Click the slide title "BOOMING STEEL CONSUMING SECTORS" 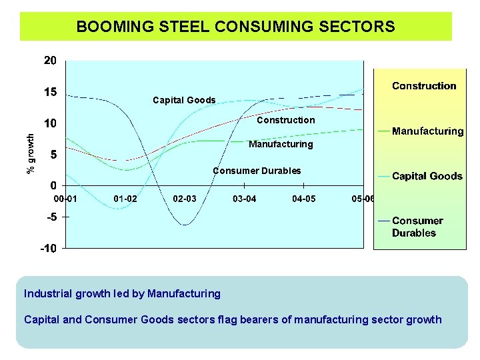click(235, 27)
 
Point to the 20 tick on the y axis click(51, 61)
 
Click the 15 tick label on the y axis click(51, 92)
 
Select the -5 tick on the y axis click(51, 217)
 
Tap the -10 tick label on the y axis click(49, 248)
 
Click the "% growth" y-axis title click(30, 153)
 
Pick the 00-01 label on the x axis click(66, 199)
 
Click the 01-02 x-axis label click(125, 199)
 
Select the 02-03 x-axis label click(185, 199)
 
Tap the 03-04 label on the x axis click(244, 199)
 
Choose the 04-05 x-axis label click(304, 199)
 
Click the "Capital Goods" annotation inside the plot click(184, 100)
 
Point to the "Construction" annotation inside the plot click(285, 120)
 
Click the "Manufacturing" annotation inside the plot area click(280, 144)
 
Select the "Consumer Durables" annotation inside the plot click(257, 171)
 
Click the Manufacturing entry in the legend click(427, 131)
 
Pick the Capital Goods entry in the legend click(427, 176)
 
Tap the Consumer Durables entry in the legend click(417, 227)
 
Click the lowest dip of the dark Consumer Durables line click(185, 225)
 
